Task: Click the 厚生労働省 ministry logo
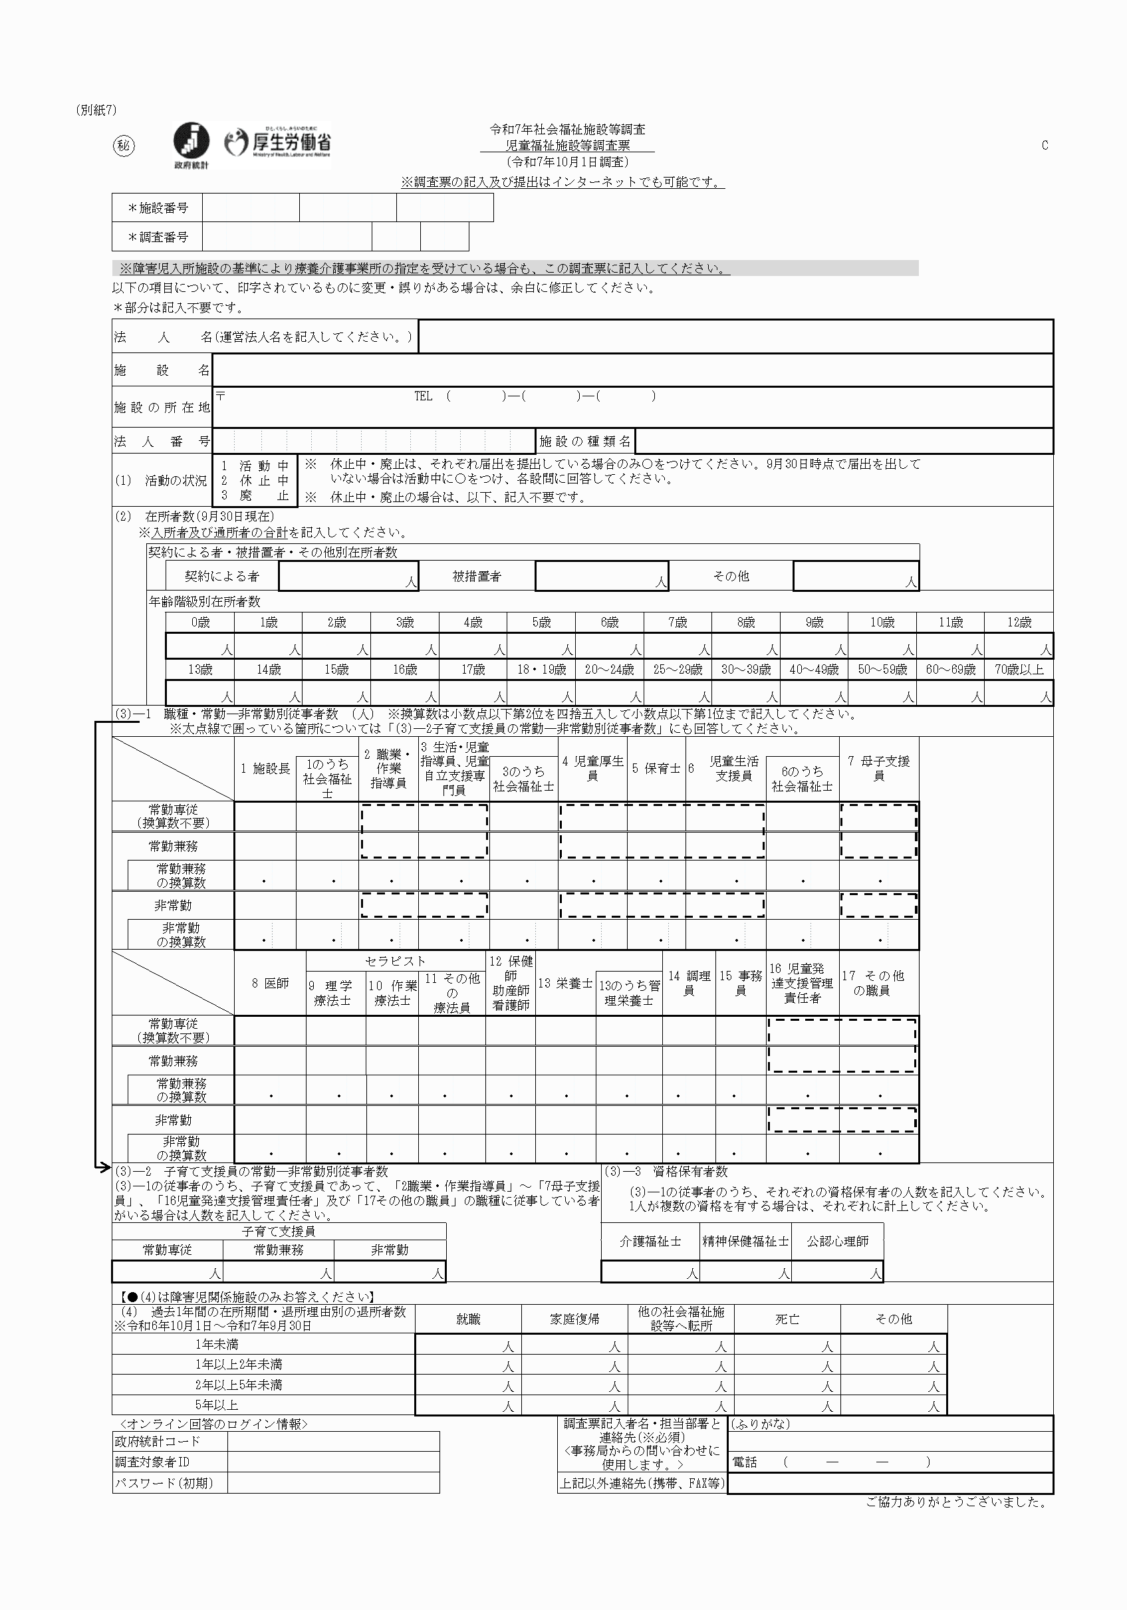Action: click(279, 144)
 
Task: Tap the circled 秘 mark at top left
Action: click(124, 146)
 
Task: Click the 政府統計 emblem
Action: click(191, 143)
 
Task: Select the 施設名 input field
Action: click(631, 370)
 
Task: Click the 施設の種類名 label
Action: click(585, 441)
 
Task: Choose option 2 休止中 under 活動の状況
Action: click(255, 480)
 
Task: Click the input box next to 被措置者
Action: click(601, 576)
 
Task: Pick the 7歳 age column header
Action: click(678, 622)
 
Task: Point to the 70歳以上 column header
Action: click(1019, 670)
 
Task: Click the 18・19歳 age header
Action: click(541, 670)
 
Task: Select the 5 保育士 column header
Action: click(656, 769)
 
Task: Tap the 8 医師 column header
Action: click(270, 983)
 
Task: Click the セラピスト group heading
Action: click(395, 961)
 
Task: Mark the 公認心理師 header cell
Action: click(837, 1241)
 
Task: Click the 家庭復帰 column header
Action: click(574, 1319)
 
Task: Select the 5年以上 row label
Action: click(217, 1405)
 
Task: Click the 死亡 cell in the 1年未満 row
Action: click(787, 1344)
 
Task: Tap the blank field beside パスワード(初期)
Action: click(333, 1483)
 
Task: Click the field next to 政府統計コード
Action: click(333, 1441)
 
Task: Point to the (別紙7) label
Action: click(96, 110)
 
